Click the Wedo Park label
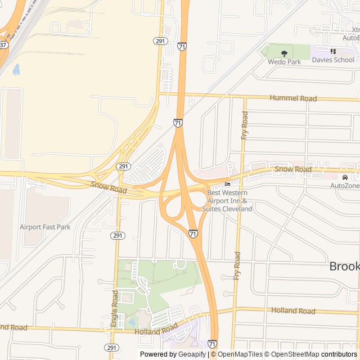point(284,62)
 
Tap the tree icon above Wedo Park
point(284,53)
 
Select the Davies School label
point(333,60)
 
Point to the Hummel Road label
point(292,98)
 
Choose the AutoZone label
point(345,186)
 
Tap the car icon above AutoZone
point(345,178)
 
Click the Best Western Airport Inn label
point(230,201)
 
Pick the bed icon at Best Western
point(227,184)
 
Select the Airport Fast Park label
point(45,227)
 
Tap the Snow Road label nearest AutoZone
point(292,169)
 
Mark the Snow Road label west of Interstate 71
point(109,187)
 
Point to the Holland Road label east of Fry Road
point(293,310)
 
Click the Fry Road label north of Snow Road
point(244,125)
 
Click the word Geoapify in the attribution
point(192,354)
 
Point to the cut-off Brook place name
point(344,266)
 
